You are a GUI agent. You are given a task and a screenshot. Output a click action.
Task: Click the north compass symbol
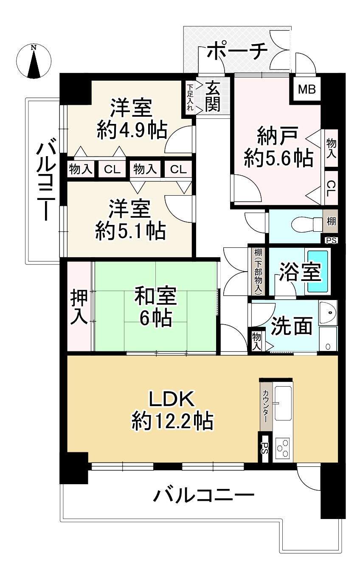coord(34,62)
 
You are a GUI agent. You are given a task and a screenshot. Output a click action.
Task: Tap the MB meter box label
coord(307,89)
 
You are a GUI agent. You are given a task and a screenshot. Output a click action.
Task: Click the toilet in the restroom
coord(307,224)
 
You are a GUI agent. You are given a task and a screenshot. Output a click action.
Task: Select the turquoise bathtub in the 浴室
coord(318,271)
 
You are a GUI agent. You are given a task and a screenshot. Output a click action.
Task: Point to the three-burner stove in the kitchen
coord(283,448)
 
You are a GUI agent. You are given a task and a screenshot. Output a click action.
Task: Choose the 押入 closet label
coord(79,306)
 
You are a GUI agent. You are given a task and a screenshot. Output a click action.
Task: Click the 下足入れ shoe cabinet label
coord(190,97)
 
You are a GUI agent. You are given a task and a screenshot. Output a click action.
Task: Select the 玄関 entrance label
coord(213,96)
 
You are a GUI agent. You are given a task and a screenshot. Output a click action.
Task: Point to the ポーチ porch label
coord(237,51)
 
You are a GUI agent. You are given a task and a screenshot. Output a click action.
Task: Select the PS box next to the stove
coord(265,449)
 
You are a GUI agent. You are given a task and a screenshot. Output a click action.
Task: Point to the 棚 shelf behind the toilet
coord(331,221)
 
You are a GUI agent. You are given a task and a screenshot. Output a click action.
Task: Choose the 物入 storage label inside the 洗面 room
coord(256,341)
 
